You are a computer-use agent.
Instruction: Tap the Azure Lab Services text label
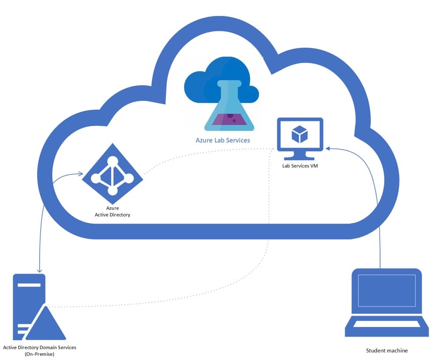click(223, 140)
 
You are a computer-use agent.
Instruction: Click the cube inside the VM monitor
click(300, 134)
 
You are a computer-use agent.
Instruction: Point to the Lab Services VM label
click(300, 166)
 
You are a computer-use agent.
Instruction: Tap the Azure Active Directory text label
click(113, 211)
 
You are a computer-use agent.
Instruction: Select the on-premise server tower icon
click(29, 304)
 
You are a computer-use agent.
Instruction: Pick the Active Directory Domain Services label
click(40, 347)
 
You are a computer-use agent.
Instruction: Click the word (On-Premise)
click(40, 354)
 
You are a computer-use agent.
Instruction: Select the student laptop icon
click(386, 305)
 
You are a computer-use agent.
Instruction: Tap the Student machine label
click(387, 351)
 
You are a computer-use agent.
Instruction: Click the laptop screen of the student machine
click(386, 290)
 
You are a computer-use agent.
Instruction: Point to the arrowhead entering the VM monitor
click(327, 149)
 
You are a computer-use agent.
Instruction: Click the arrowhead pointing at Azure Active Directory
click(81, 174)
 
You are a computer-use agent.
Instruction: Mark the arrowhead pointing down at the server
click(40, 270)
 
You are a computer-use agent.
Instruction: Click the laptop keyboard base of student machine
click(386, 326)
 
